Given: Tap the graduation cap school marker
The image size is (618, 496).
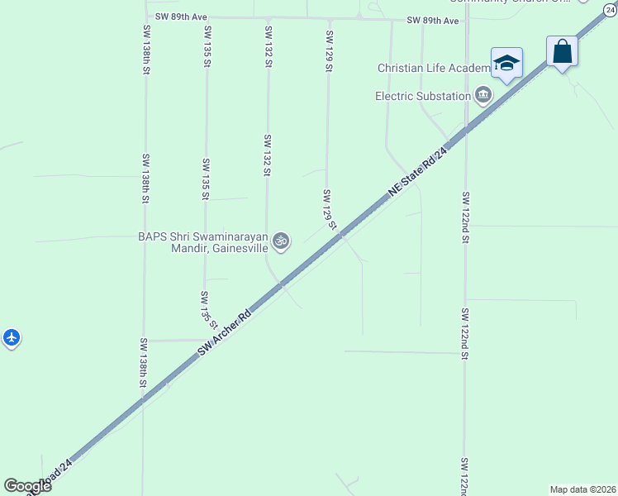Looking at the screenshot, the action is point(506,63).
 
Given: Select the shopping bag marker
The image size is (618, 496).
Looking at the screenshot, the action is point(562,52).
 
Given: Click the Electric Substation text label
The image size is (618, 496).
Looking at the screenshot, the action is point(423,96).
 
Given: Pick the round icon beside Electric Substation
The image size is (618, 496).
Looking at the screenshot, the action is point(483,96).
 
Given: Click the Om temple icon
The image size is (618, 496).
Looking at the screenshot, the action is point(281,241).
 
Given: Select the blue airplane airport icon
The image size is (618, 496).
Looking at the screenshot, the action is point(11,337).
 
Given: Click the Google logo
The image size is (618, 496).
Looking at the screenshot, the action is point(27,485).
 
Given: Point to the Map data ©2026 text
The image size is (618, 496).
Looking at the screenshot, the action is point(582,489).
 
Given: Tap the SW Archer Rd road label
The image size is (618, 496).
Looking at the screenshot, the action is point(224,334).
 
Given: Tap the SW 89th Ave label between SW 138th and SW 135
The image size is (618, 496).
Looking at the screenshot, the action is point(180,17).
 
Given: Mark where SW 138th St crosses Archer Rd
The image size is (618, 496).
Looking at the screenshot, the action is point(143,398).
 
